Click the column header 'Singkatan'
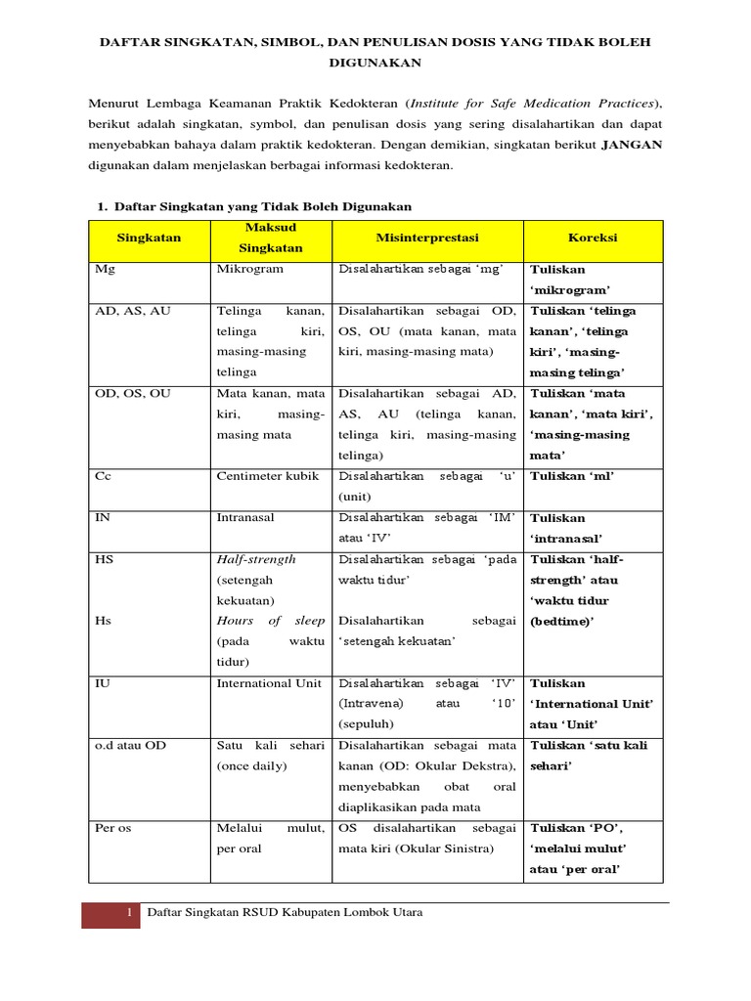tap(149, 238)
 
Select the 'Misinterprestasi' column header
tap(427, 238)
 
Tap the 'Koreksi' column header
tap(593, 238)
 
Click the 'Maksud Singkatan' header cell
tap(271, 238)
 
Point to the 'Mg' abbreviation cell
tap(104, 269)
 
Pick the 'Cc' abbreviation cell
tap(103, 477)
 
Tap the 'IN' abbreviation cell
tap(103, 518)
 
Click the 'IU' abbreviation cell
tap(103, 683)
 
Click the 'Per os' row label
tap(112, 828)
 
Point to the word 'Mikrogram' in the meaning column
tap(249, 269)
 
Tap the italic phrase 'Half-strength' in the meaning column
tap(256, 560)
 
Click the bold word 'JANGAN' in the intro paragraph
tap(631, 145)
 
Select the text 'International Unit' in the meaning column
tap(269, 683)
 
